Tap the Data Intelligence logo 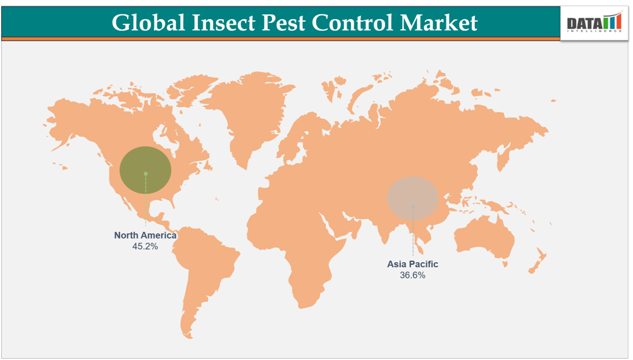coord(594,24)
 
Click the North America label coord(145,235)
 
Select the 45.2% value coord(145,247)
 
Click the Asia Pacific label coord(412,264)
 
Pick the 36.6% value coord(412,275)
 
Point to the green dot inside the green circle coord(145,173)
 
